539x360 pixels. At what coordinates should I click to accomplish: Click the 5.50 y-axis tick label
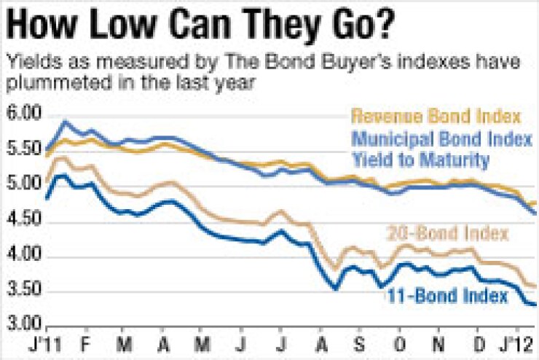[x=23, y=152]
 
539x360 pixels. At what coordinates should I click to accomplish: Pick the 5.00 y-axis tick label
[x=23, y=187]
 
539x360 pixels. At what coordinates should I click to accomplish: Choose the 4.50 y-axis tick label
[x=23, y=222]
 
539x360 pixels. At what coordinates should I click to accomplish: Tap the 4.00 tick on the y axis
[x=23, y=257]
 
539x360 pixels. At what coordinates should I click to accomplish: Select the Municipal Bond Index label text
[x=441, y=138]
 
